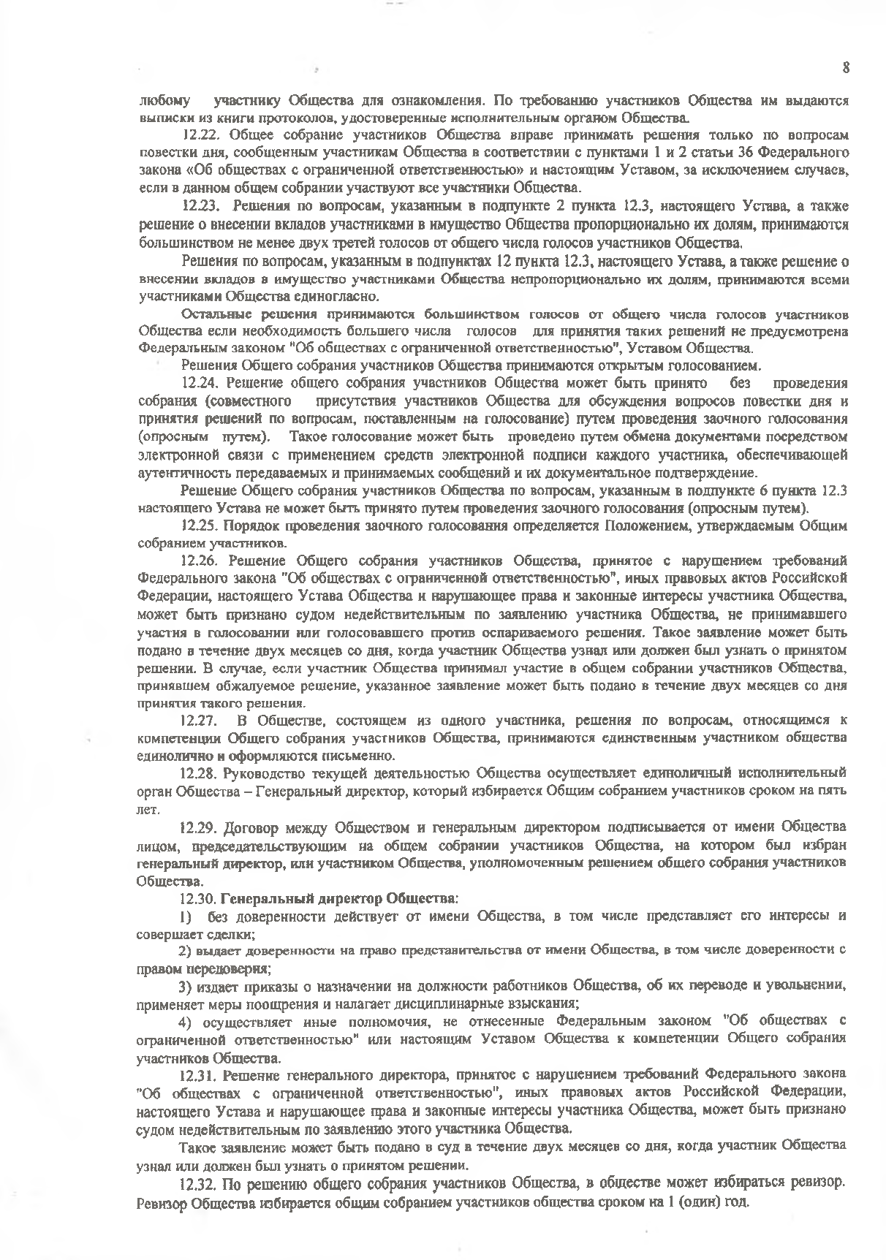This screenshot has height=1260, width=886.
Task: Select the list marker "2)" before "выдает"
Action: pos(186,950)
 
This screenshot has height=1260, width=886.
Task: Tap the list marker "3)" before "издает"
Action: pos(186,985)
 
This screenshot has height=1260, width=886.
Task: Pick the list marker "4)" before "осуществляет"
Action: pos(186,1020)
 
